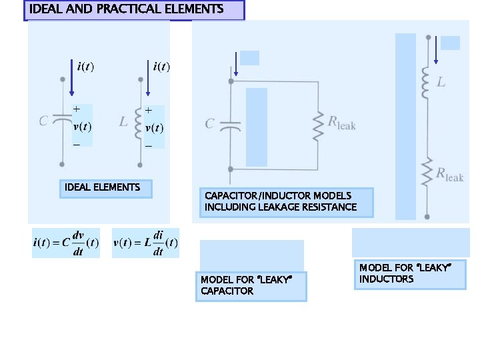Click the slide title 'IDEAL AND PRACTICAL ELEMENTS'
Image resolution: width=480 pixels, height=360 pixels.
(127, 9)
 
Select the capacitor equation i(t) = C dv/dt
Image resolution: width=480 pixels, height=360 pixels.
(65, 243)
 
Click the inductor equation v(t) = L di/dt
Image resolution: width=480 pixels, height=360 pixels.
(145, 243)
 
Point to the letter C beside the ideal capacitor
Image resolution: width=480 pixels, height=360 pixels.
(44, 121)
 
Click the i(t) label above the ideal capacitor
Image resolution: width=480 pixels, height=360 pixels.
(85, 67)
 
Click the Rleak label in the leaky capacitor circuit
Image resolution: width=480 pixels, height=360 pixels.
(341, 123)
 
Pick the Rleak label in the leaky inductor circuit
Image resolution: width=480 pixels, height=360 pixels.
(450, 175)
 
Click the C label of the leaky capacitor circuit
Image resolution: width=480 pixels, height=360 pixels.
(210, 124)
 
